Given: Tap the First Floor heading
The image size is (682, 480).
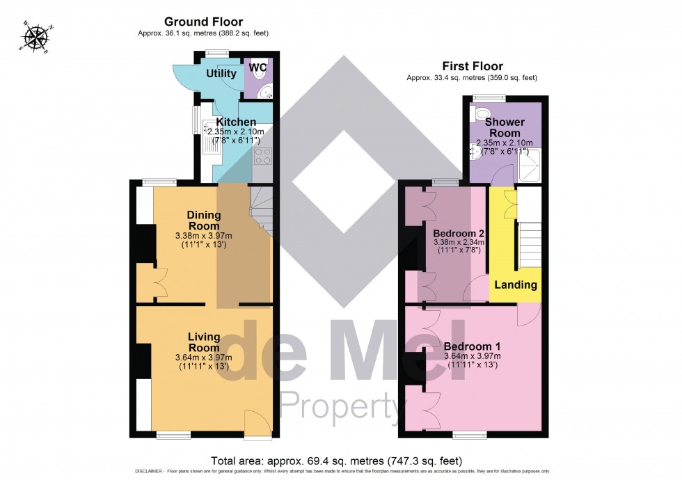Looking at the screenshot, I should pos(473,67).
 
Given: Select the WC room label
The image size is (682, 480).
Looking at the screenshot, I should pos(258,67).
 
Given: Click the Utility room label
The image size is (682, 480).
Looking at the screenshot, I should pos(221,74).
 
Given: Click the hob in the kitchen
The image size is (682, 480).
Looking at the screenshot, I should pos(263,157).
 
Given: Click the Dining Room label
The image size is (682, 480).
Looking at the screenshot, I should pos(203,221).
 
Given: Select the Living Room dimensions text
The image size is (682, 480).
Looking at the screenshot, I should pos(203,362).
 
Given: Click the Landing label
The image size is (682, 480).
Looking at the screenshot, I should pos(515,285).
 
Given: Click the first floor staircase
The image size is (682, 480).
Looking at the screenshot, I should pos(529,243).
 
